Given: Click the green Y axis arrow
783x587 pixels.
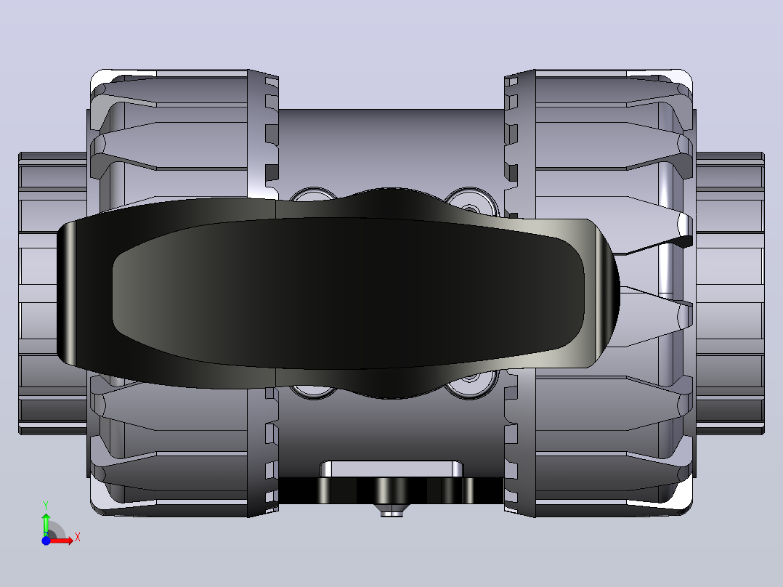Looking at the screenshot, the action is [46, 524].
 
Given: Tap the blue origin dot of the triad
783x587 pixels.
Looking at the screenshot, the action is [46, 541].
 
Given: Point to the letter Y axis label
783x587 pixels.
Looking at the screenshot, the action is [46, 506].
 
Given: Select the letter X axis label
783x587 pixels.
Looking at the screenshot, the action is [78, 538].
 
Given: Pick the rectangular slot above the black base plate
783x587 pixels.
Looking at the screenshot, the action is [391, 469].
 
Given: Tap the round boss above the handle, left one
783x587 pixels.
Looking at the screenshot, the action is [314, 195].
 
